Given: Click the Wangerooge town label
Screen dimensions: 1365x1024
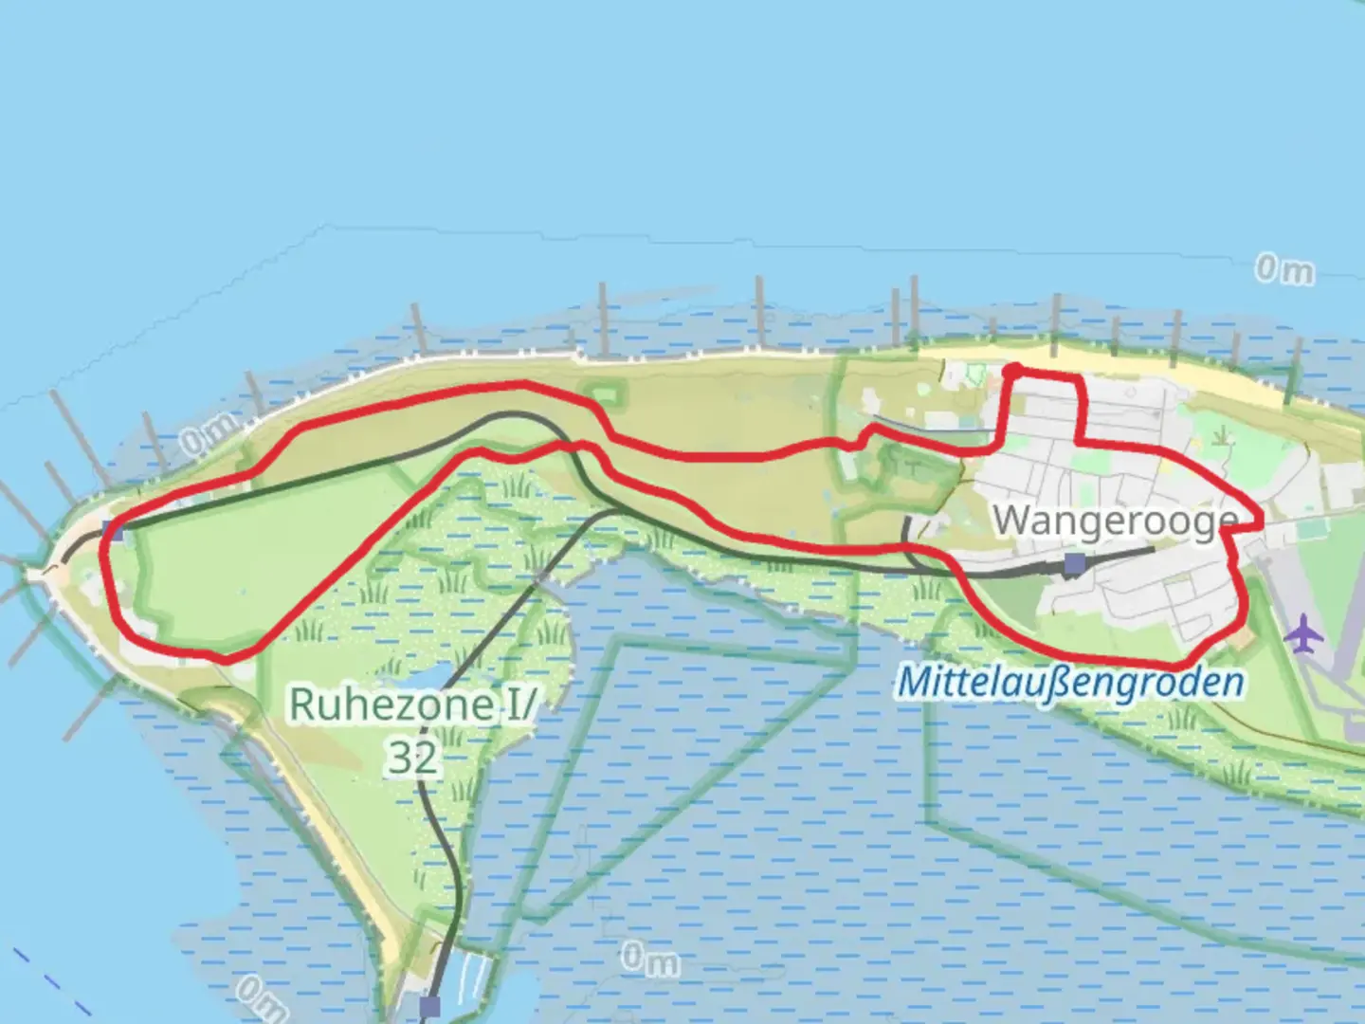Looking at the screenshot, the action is coord(1116,520).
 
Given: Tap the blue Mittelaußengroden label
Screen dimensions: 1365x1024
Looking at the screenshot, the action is coord(1070,682).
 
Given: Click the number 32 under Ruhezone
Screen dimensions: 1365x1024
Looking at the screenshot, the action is coord(413,757).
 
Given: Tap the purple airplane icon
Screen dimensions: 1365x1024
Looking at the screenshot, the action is coord(1305,632).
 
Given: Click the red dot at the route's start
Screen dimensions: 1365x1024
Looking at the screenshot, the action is coord(1012,371).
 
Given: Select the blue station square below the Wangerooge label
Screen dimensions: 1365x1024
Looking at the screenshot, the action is coord(1074,565).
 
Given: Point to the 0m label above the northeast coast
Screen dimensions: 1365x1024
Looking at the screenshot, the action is coord(1284,270).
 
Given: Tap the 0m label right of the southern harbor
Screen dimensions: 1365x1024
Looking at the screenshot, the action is coord(650,960).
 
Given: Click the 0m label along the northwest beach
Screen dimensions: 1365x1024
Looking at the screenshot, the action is coord(206,439).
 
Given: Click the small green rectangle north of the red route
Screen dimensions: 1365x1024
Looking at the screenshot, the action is coord(599,392).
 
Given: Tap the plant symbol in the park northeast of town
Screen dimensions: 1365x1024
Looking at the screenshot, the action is coord(1224,435).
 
